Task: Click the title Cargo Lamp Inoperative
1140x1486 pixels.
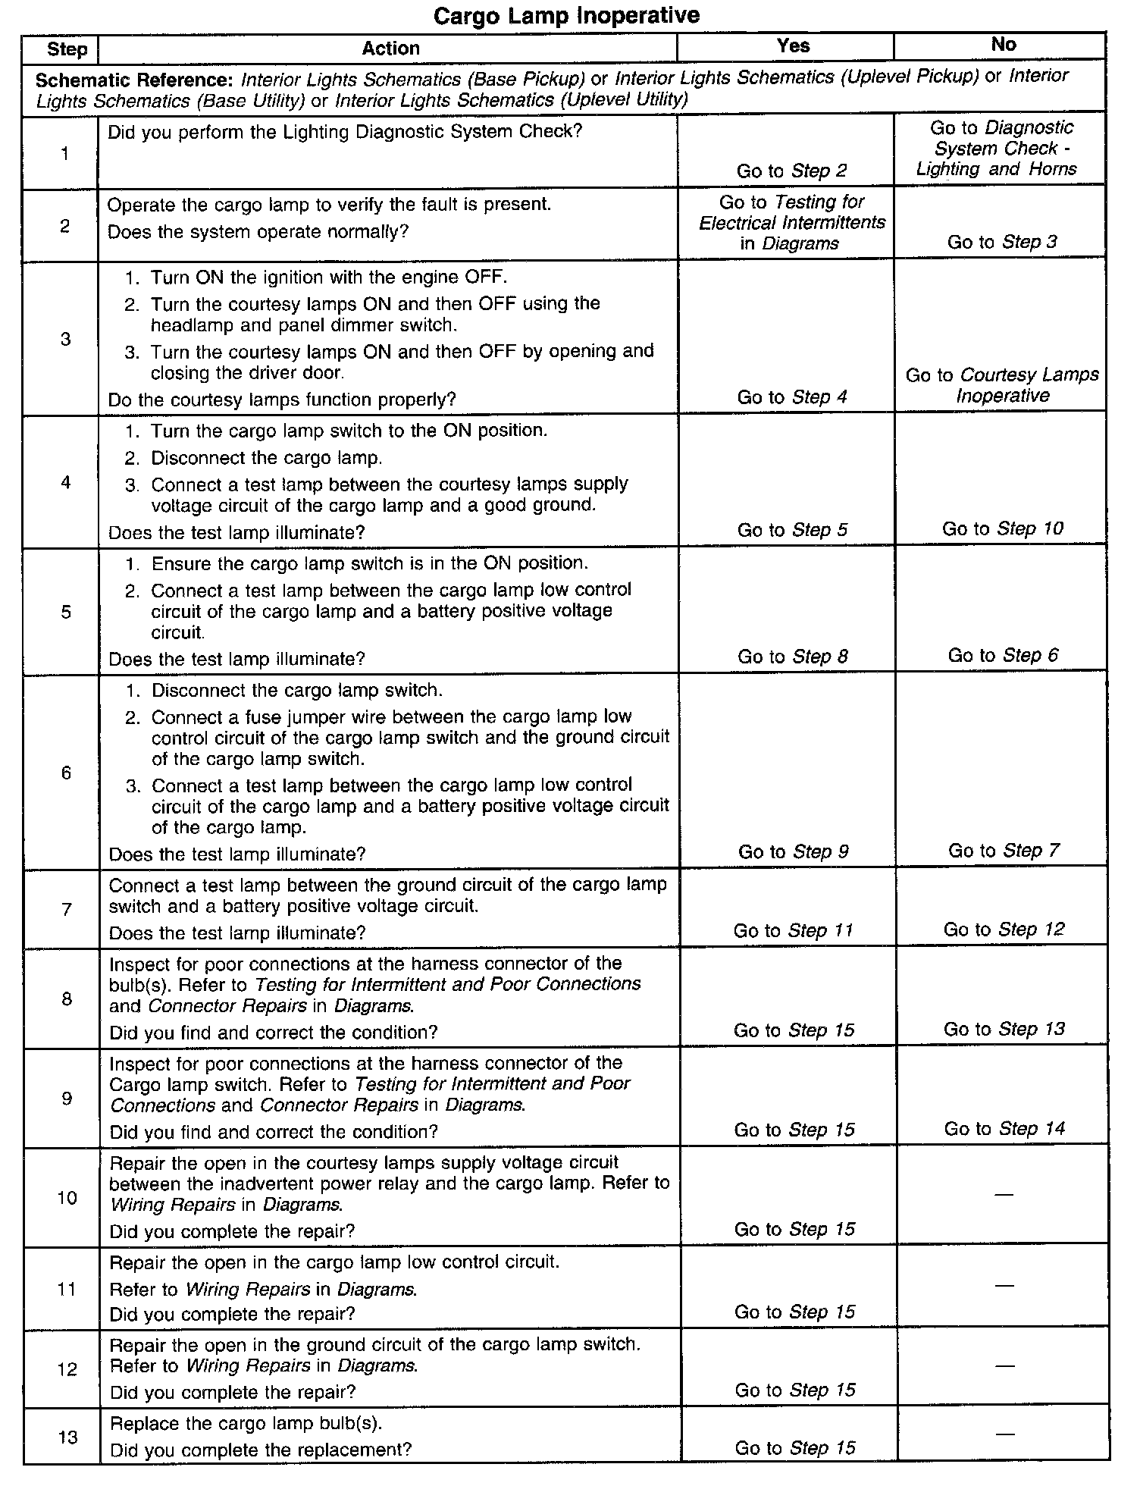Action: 566,15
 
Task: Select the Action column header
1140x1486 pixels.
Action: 390,49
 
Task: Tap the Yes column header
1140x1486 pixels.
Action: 793,45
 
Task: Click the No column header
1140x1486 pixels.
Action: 1003,45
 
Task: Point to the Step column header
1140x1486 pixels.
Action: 67,50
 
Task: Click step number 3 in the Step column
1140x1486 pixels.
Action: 66,338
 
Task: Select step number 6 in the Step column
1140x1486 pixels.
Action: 66,772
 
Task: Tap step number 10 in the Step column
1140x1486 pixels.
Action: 67,1198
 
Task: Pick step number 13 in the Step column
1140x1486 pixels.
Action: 67,1437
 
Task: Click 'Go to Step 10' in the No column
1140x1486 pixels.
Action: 1002,528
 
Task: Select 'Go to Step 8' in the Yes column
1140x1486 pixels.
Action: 792,657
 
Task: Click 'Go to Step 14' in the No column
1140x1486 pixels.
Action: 1004,1129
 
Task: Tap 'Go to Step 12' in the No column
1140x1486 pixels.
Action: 1003,930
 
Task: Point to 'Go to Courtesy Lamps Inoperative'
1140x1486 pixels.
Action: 1002,385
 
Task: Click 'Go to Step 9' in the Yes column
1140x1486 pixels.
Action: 793,851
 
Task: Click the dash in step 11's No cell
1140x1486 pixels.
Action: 1004,1286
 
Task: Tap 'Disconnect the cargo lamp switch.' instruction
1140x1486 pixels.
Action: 296,691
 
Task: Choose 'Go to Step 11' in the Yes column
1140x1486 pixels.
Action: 793,930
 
